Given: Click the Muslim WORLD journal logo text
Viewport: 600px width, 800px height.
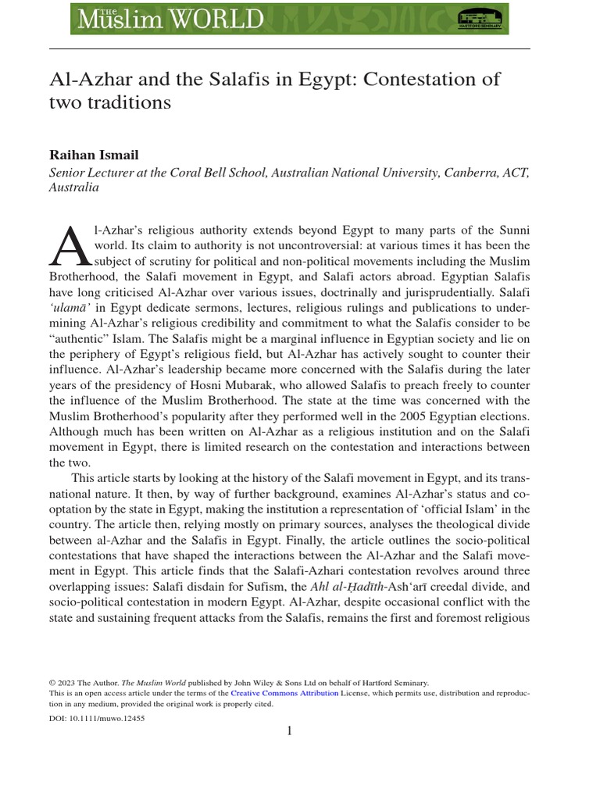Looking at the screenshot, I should pos(167,18).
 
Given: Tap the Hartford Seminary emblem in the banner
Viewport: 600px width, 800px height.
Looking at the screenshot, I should pos(479,18).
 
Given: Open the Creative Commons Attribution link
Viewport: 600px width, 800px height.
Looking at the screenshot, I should pos(284,693).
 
